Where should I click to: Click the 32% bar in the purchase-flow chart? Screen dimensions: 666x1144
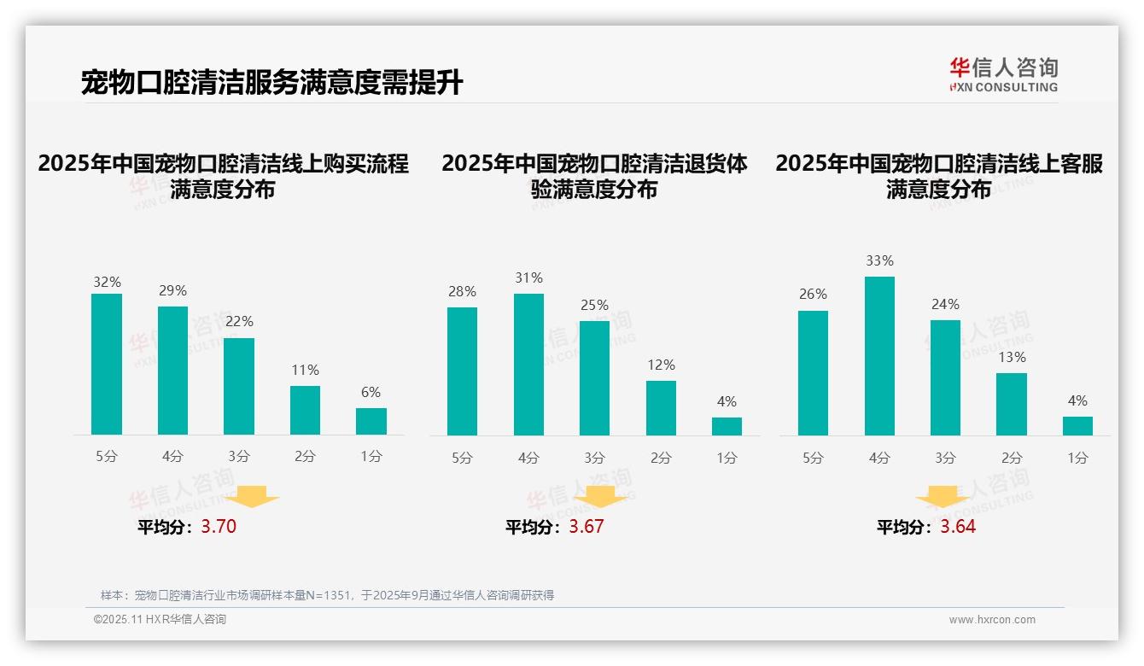107,365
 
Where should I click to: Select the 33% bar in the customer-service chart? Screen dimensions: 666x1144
879,356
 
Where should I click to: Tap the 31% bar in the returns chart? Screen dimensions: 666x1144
528,365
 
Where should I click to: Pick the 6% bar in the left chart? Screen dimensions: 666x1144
371,422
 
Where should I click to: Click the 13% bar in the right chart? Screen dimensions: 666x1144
1012,404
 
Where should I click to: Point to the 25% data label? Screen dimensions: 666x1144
594,305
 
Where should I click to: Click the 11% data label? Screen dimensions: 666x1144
305,370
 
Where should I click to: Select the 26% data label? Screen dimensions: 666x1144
813,294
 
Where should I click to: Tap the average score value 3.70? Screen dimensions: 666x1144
219,527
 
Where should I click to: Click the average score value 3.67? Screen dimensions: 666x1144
587,527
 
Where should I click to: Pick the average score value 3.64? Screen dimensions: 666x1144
958,527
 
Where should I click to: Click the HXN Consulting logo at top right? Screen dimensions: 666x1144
1003,75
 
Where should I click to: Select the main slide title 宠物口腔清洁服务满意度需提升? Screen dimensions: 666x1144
272,83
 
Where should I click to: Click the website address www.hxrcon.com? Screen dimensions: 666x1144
992,620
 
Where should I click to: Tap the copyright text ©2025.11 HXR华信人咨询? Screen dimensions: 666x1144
160,620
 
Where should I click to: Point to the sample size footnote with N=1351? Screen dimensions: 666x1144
327,595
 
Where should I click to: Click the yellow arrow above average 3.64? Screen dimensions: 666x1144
943,498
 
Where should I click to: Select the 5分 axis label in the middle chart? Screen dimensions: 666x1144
462,458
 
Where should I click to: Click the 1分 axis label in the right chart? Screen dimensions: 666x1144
1077,458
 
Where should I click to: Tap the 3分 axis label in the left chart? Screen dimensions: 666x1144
239,457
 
